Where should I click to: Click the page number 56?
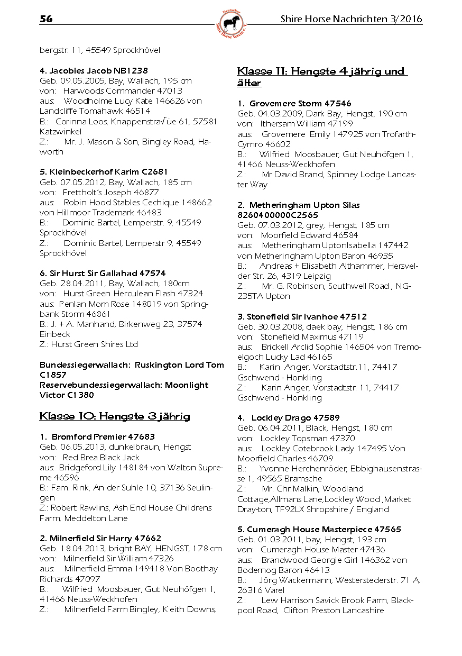46,20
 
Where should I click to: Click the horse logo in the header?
232,24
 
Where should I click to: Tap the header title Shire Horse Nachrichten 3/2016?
351,20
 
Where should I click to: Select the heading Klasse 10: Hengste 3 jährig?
115,416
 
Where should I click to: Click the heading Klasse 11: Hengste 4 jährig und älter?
322,77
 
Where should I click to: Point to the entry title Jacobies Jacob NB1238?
94,70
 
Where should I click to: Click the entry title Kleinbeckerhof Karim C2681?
104,172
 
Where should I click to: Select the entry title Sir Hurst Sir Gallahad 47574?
103,273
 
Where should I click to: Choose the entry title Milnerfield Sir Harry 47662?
100,539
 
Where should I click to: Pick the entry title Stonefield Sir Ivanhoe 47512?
302,317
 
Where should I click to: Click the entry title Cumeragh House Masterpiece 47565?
319,530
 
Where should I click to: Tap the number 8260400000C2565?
278,215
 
